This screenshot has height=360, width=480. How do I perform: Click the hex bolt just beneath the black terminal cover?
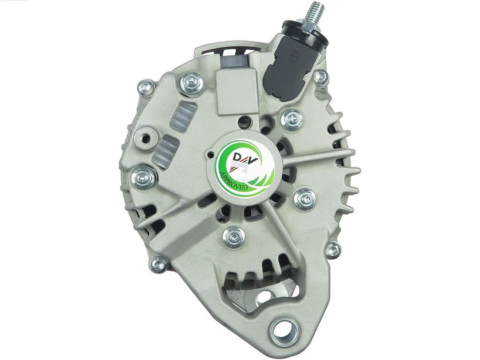pyautogui.click(x=292, y=119)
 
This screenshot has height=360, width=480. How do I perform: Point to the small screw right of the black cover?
pyautogui.click(x=320, y=78)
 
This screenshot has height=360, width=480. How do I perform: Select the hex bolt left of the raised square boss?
pyautogui.click(x=191, y=83)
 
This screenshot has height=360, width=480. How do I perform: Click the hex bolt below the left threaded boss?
pyautogui.click(x=144, y=177)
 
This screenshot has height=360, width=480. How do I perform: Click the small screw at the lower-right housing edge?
pyautogui.click(x=333, y=250)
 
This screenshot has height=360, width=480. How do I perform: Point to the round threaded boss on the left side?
pyautogui.click(x=146, y=138)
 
